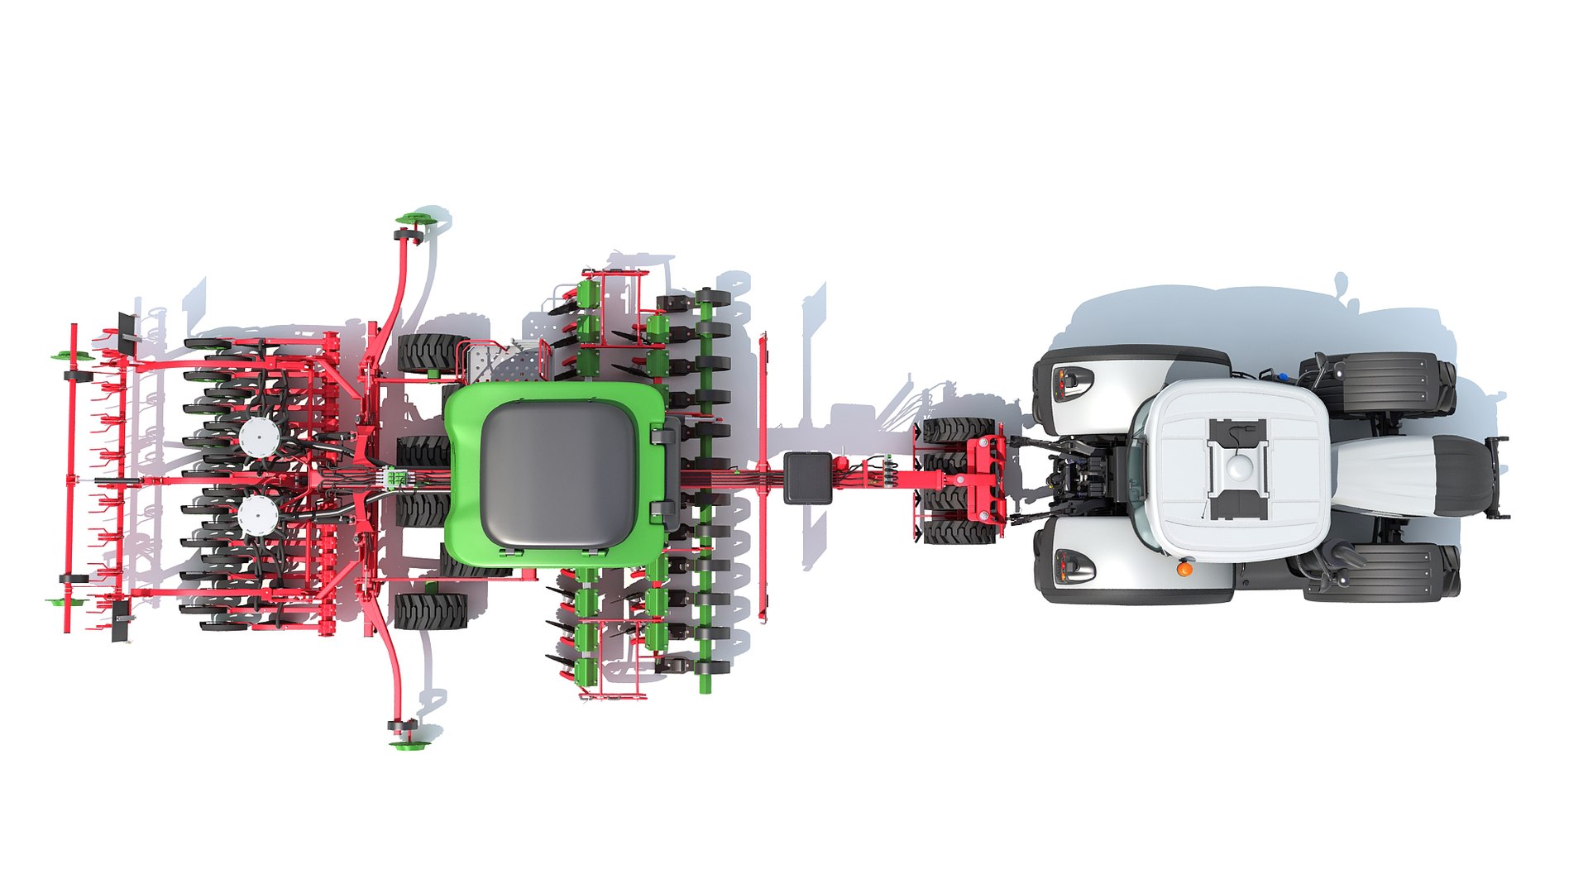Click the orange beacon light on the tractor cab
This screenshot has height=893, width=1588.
tap(1184, 569)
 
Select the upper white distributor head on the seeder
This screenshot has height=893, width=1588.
tap(258, 433)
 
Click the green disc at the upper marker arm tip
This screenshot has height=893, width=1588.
tap(410, 218)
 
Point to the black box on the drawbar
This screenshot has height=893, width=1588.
tap(807, 477)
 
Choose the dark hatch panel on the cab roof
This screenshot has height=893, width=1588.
tap(1238, 469)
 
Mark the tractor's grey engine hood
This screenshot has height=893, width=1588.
tap(1406, 477)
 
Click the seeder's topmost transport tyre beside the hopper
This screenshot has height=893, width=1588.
tap(430, 353)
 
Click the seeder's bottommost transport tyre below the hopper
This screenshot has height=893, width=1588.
tap(429, 610)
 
